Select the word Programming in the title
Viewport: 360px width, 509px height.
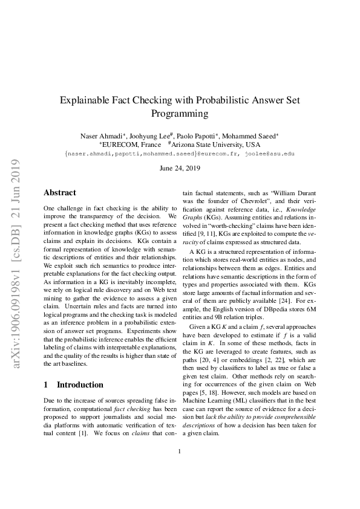click(180, 113)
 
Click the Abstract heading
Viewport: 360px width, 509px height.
click(60, 193)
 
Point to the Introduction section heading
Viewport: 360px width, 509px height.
click(80, 384)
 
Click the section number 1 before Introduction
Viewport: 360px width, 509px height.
click(46, 384)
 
